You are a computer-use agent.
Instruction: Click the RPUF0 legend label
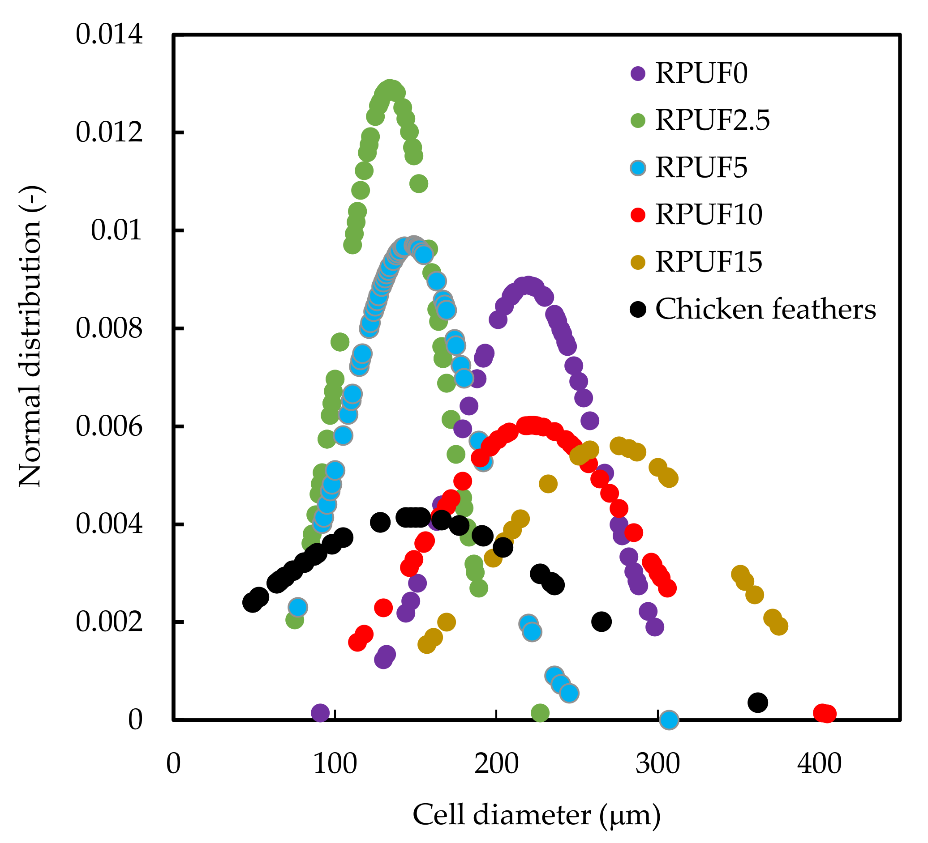[x=701, y=73]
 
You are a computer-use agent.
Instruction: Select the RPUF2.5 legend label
[x=713, y=120]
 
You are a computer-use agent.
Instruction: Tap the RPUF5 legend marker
[x=638, y=168]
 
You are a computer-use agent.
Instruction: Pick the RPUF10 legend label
[x=709, y=215]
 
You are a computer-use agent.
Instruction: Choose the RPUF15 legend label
[x=709, y=262]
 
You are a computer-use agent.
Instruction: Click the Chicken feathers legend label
[x=765, y=309]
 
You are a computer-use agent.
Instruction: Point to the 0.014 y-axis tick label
[x=109, y=35]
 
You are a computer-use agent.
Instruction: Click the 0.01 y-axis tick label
[x=116, y=230]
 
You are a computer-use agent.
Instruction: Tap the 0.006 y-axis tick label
[x=109, y=427]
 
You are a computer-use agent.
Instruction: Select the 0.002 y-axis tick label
[x=109, y=622]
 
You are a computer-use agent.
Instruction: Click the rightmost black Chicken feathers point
[x=758, y=703]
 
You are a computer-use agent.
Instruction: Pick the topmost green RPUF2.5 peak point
[x=390, y=88]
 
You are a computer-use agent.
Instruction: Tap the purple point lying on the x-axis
[x=320, y=713]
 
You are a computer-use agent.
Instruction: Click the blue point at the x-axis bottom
[x=669, y=720]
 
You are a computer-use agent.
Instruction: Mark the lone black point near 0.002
[x=601, y=622]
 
